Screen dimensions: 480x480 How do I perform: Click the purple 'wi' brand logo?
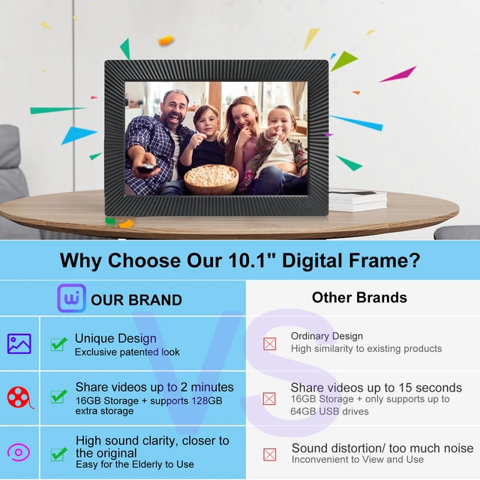point(72,298)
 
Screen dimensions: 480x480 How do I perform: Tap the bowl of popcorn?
point(211,179)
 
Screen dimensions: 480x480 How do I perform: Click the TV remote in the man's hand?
point(148,168)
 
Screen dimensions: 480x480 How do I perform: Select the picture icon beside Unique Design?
point(19,343)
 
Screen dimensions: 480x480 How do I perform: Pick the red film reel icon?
point(20,397)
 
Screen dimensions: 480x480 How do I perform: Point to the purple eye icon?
point(19,451)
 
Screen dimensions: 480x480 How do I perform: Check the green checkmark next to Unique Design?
point(58,343)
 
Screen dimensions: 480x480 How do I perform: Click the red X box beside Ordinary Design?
point(270,343)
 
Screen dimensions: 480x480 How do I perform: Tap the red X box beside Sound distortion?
point(270,454)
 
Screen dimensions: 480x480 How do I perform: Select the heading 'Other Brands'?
point(359,297)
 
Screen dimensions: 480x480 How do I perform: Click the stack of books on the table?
point(358,200)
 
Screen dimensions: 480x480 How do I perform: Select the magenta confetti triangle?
point(398,74)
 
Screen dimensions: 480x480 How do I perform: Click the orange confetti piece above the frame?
point(166,40)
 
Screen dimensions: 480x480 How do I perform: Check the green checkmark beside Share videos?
point(58,397)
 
